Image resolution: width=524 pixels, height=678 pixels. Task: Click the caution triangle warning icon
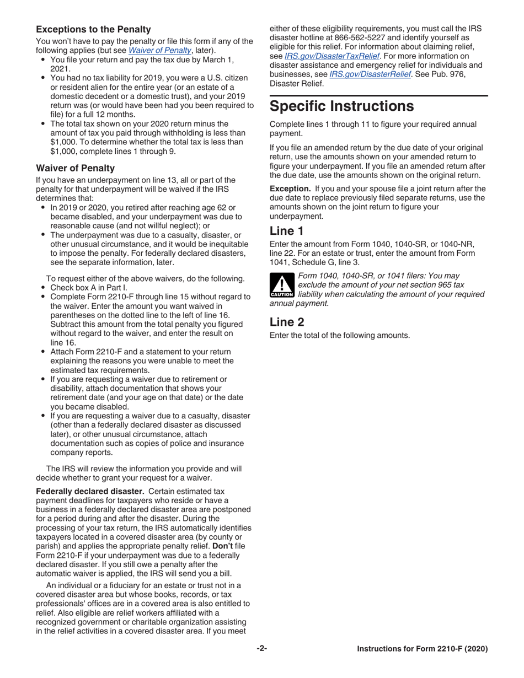[280, 287]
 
